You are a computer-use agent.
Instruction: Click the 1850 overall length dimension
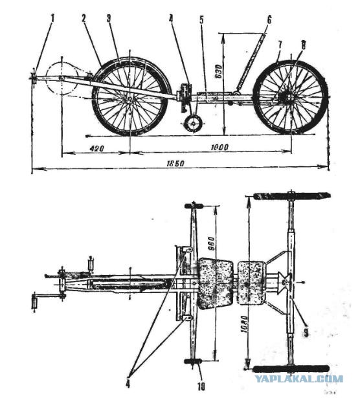175,163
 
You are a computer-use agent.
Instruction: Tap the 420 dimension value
96,148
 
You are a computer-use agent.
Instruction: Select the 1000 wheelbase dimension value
219,147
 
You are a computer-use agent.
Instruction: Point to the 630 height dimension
220,71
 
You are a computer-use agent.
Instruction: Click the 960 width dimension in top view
211,243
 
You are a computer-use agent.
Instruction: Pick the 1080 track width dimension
244,324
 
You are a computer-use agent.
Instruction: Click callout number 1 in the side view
53,18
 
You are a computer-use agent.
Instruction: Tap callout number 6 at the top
269,19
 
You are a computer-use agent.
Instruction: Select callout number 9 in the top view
306,333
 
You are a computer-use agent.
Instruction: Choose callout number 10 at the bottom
201,387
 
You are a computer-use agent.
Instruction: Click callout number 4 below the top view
128,384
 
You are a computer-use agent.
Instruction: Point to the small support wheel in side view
194,123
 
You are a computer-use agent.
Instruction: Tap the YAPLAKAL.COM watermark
298,379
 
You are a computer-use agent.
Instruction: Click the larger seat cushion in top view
216,283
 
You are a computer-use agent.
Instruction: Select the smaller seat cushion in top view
252,283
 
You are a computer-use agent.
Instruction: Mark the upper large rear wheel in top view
291,195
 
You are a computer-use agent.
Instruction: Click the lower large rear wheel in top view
291,368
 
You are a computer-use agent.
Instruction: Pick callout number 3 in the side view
109,19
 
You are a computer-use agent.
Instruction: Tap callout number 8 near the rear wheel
302,45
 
